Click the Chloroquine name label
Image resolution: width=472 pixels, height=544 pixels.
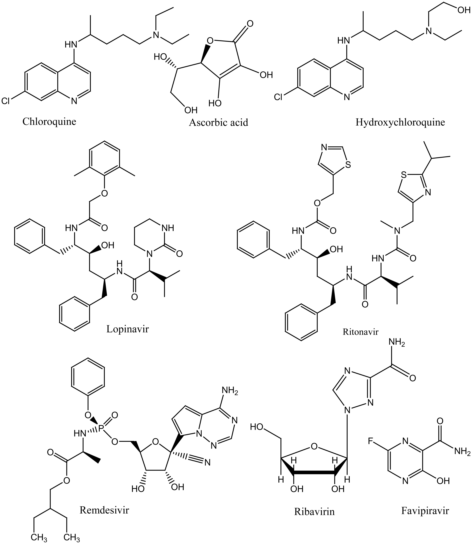[49, 122]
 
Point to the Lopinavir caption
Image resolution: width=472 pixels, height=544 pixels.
[128, 329]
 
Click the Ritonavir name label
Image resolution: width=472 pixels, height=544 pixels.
[360, 332]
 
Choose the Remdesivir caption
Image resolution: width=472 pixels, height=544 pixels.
[104, 510]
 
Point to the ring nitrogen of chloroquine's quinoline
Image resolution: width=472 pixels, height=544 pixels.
[74, 101]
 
